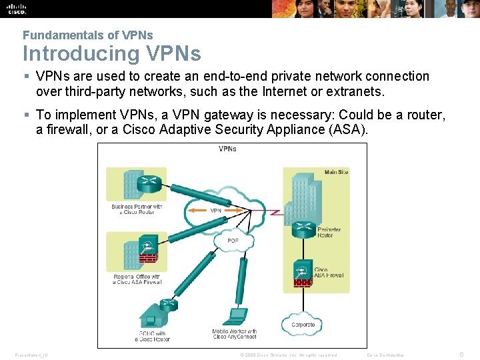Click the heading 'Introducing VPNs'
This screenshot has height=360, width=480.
(111, 53)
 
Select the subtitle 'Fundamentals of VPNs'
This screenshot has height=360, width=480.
(87, 35)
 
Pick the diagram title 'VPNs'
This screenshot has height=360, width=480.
(227, 149)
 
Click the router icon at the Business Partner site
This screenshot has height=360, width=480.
(151, 185)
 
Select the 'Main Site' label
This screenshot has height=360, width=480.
(336, 173)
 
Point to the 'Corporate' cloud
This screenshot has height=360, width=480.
(303, 325)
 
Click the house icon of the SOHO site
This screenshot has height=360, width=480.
(155, 314)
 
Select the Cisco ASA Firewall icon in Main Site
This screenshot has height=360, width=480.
(303, 275)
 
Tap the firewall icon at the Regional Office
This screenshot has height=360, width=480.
(147, 252)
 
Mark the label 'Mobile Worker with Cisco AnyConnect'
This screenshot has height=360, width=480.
(235, 334)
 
